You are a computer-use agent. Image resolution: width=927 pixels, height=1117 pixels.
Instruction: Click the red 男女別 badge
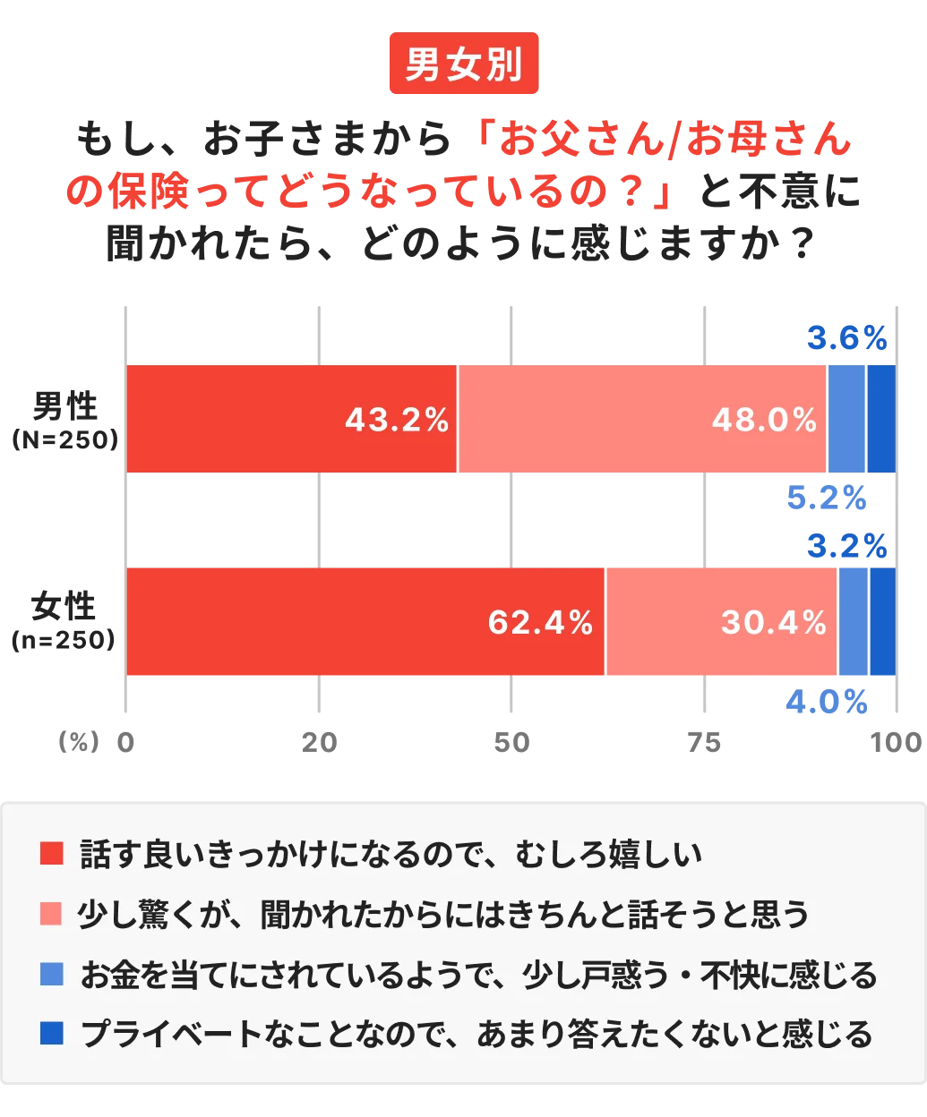[x=464, y=64]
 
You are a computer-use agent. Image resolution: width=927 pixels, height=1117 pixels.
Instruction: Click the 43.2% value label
[x=397, y=420]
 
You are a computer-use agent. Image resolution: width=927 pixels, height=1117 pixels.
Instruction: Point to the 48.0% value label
[x=764, y=420]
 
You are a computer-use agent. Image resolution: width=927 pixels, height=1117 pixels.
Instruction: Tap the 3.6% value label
[x=846, y=338]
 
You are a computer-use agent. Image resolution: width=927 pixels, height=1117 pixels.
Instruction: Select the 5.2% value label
[x=825, y=498]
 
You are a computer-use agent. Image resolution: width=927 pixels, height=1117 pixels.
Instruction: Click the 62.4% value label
[x=540, y=622]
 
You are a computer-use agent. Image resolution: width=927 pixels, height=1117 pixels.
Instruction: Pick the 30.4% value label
[x=773, y=622]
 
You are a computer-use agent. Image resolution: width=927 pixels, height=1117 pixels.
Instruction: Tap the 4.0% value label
[x=825, y=702]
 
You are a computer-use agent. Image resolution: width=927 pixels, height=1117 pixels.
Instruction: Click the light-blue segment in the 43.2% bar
[x=846, y=419]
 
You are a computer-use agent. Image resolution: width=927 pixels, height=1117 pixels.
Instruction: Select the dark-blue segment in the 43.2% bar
[x=881, y=419]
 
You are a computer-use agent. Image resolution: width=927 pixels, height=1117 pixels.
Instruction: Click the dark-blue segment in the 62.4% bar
[x=883, y=622]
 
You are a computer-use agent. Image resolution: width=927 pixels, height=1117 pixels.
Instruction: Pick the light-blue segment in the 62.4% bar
[x=854, y=622]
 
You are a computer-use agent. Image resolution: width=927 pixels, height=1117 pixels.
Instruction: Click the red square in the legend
[x=52, y=854]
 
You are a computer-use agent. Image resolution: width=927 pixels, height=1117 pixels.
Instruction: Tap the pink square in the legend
[x=52, y=914]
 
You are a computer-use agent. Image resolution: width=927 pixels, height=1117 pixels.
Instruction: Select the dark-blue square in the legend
[x=52, y=1035]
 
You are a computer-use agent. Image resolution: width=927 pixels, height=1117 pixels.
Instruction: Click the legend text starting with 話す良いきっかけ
[x=391, y=854]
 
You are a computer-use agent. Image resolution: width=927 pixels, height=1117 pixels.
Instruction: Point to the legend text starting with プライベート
[x=476, y=1035]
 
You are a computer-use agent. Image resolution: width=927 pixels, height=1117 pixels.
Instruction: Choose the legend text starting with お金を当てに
[x=478, y=974]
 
